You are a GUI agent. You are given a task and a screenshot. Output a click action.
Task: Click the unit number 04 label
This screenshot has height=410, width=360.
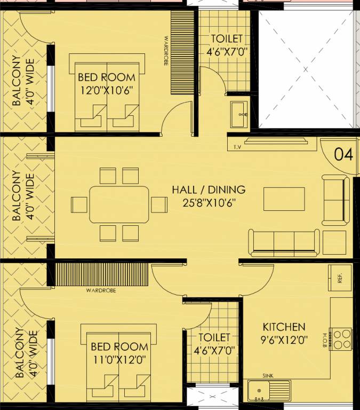[343, 154]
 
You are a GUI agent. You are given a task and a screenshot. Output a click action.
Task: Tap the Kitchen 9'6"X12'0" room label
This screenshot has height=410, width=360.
[284, 333]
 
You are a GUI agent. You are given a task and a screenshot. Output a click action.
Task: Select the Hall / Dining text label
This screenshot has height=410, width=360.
[209, 190]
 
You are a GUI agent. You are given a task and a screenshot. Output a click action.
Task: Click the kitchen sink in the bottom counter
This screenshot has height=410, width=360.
[269, 391]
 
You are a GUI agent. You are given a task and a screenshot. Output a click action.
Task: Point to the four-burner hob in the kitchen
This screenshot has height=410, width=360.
[340, 339]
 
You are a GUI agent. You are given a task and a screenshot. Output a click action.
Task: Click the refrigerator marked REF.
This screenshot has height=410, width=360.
[340, 278]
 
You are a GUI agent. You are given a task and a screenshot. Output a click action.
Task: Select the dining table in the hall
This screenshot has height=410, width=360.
[119, 204]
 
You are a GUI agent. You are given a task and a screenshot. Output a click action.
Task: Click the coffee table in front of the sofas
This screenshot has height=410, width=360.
[284, 199]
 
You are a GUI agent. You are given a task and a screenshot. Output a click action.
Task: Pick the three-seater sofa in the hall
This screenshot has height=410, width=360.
[284, 243]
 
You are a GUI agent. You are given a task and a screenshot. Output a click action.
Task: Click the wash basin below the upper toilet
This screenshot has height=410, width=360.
[239, 115]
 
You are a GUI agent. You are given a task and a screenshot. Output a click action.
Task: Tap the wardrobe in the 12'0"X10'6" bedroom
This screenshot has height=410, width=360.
[182, 52]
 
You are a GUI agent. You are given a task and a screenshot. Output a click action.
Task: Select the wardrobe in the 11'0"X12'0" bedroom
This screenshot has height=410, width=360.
[102, 274]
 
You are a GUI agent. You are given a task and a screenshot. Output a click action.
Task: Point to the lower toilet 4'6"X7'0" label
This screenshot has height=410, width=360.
[214, 344]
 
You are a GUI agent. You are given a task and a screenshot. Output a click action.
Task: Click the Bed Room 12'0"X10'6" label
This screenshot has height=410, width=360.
[107, 84]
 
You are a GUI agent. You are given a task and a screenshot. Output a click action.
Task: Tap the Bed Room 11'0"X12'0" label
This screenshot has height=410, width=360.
[119, 353]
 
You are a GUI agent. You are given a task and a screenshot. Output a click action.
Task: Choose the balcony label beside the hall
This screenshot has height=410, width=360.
[23, 196]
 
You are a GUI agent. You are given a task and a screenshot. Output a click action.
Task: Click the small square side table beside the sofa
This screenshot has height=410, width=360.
[334, 243]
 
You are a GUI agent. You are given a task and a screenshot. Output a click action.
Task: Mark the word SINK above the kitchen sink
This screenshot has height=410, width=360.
[268, 376]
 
